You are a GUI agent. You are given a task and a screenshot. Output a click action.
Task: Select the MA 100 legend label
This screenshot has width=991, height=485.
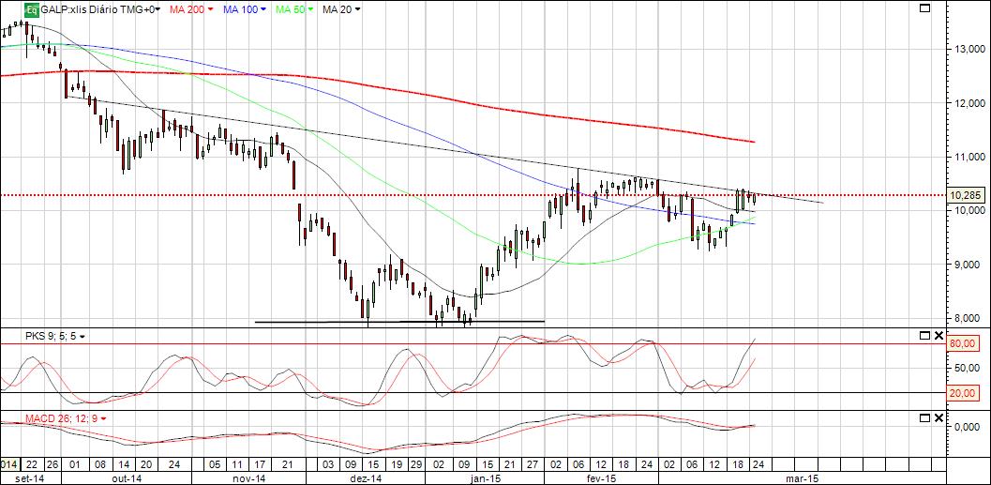pos(240,9)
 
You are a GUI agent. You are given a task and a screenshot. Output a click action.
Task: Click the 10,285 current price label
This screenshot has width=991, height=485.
pos(966,195)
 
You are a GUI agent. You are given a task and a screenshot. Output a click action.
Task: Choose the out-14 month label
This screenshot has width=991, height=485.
pos(127,478)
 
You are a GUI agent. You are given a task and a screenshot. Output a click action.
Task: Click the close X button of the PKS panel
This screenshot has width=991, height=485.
pos(938,335)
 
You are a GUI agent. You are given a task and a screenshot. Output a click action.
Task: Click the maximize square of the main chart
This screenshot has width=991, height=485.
pos(924,8)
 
